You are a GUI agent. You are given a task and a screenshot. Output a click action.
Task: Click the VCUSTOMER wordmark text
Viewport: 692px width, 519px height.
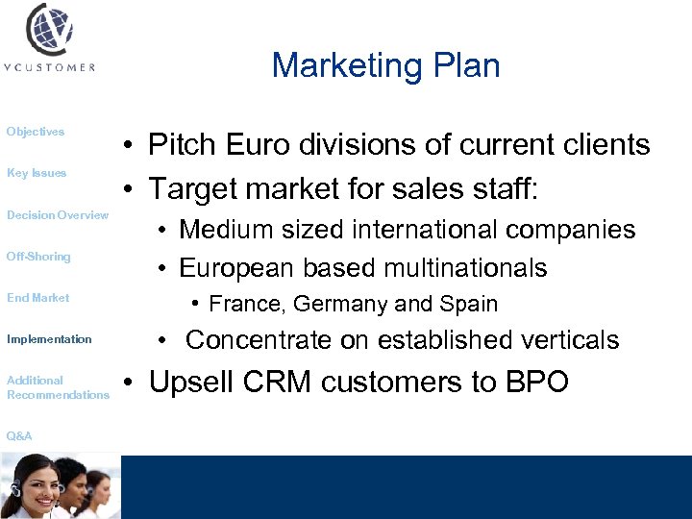point(49,67)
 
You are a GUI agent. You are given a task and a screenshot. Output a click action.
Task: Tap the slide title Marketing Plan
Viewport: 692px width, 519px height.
point(385,65)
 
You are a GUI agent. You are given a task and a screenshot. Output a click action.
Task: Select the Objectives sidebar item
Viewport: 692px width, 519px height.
point(36,132)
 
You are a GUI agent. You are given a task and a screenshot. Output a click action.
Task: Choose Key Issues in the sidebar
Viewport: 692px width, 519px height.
point(37,173)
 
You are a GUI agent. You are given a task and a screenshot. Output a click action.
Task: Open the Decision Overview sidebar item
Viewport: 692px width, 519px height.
point(58,215)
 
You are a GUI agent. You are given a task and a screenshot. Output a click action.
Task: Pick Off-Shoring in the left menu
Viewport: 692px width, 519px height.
point(38,257)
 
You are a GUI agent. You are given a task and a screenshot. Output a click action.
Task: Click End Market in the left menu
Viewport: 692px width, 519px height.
point(38,298)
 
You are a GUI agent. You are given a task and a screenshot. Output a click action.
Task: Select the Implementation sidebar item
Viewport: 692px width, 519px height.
point(49,339)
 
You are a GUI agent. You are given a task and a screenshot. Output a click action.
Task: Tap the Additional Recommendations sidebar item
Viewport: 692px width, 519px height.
point(58,387)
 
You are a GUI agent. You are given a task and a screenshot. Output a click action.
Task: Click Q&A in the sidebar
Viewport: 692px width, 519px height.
point(19,436)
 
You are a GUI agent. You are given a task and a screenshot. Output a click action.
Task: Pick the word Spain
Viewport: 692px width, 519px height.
point(468,305)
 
